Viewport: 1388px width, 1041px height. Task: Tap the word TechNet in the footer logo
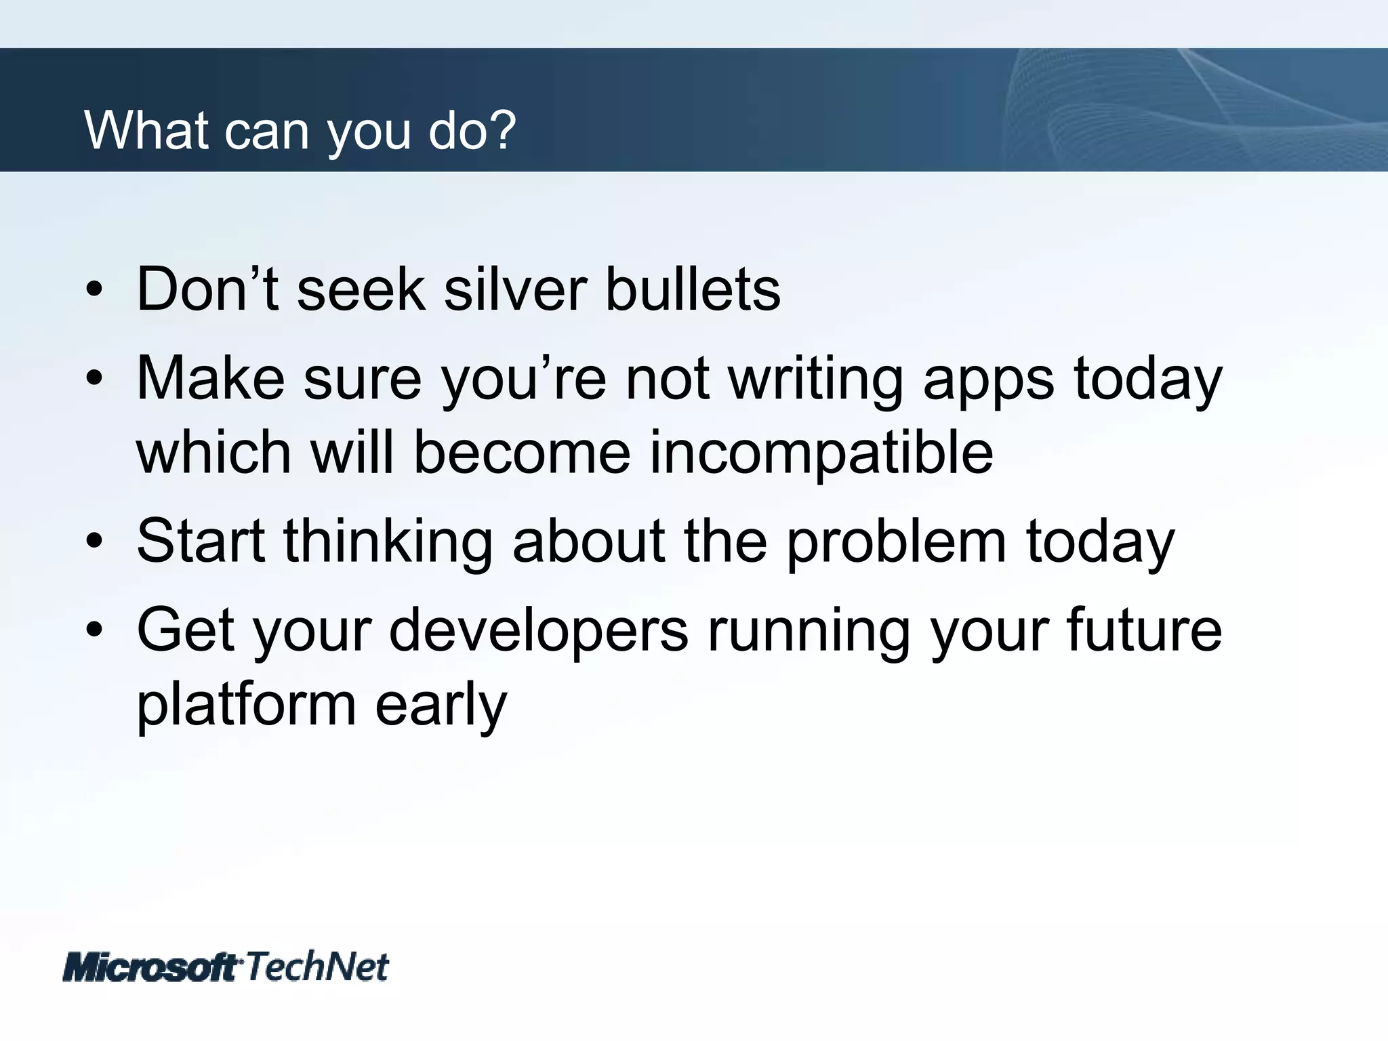317,966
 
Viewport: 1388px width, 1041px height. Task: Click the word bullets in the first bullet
692,289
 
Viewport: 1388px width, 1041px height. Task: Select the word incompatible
821,453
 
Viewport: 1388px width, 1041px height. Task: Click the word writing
815,380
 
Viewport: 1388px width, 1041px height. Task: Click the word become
522,453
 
